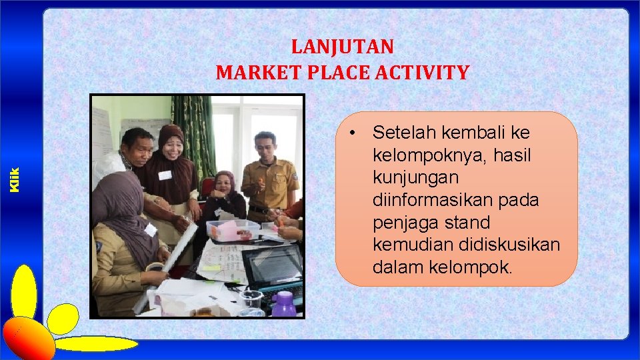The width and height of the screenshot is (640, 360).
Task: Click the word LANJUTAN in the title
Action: (x=343, y=47)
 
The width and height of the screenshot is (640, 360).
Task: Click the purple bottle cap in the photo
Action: (x=284, y=297)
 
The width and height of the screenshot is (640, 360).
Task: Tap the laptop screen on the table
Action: (x=273, y=264)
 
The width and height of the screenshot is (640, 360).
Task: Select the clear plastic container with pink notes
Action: (x=231, y=230)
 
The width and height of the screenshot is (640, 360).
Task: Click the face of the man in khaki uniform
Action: (x=265, y=147)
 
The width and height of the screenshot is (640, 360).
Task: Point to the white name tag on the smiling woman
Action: (x=165, y=175)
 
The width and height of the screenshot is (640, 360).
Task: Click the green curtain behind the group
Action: (x=194, y=133)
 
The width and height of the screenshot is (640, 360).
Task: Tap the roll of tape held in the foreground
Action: (x=154, y=268)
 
